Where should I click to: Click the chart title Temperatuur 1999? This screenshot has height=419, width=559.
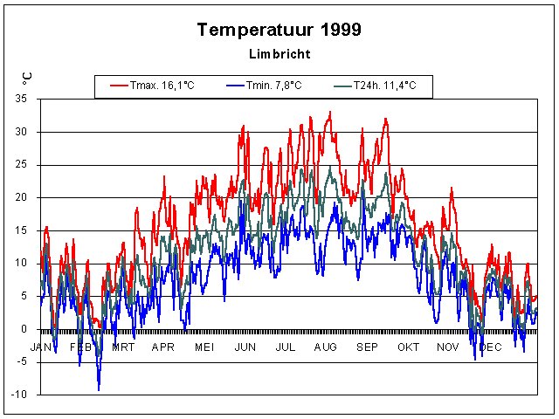click(x=279, y=29)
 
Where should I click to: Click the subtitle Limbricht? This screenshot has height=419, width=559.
click(x=279, y=53)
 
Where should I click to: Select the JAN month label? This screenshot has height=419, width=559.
click(x=41, y=347)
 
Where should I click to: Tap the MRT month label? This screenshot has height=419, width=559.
click(x=122, y=347)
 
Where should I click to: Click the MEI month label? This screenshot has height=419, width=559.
click(x=204, y=347)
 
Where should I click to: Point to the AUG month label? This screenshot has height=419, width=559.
click(x=325, y=347)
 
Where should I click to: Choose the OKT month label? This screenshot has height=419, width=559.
click(x=407, y=347)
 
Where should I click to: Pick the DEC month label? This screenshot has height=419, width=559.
click(x=490, y=347)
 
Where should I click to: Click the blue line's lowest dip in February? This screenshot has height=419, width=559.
click(x=99, y=389)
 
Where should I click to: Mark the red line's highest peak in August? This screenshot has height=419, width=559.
click(x=329, y=112)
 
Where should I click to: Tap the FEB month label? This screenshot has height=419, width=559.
click(x=80, y=347)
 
